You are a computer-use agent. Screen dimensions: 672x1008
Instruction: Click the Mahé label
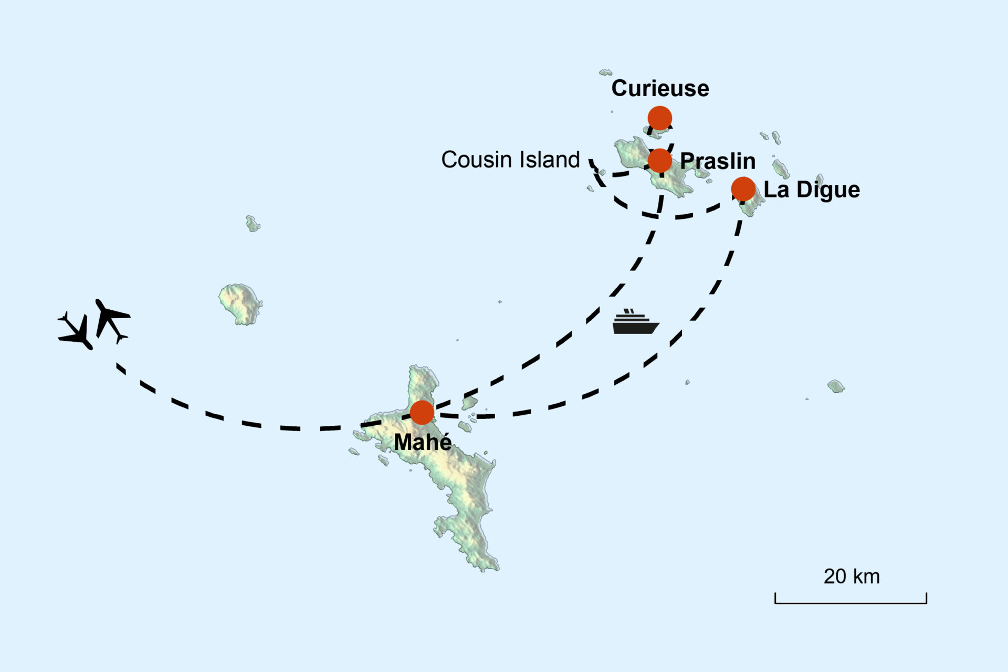pos(423,442)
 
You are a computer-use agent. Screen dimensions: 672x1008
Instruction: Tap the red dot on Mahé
pos(422,413)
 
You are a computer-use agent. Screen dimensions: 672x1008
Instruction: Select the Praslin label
pos(718,161)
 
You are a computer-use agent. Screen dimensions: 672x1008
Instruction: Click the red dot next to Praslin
pos(659,161)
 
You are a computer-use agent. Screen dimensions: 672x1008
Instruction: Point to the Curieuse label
pos(660,88)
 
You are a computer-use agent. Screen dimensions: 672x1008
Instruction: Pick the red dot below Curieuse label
pos(659,118)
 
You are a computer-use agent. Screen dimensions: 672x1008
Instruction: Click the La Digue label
pos(812,190)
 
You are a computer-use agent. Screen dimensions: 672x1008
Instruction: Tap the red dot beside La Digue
pos(743,189)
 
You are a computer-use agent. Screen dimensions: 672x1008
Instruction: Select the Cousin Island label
pos(510,160)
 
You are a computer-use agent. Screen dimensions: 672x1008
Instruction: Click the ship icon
pos(635,322)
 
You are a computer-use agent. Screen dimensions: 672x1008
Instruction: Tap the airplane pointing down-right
pos(76,331)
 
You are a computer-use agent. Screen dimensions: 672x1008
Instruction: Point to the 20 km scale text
pos(851,576)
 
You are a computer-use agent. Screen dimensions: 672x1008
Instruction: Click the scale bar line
pos(850,603)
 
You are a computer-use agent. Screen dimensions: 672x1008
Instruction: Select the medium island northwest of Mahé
pos(240,304)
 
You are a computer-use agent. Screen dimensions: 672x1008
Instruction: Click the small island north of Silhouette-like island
pos(253,224)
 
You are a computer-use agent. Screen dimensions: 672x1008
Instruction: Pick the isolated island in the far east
pos(835,386)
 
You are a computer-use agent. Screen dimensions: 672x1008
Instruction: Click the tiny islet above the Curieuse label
pos(605,72)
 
